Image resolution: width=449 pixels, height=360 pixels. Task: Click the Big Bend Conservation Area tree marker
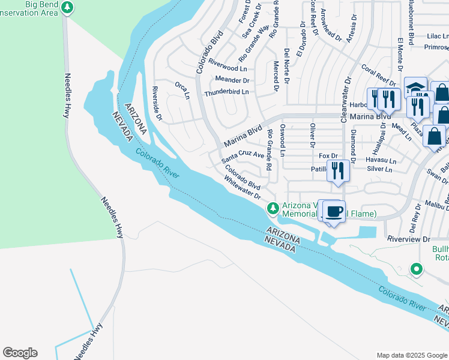pyautogui.click(x=68, y=8)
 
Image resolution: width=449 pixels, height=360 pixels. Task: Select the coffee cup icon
pyautogui.click(x=334, y=212)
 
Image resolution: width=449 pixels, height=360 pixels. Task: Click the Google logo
pyautogui.click(x=20, y=353)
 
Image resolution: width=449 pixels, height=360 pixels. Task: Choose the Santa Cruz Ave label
pyautogui.click(x=243, y=157)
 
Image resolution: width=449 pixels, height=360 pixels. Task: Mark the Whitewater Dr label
pyautogui.click(x=243, y=187)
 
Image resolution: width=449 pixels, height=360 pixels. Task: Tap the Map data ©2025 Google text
pyautogui.click(x=411, y=355)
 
